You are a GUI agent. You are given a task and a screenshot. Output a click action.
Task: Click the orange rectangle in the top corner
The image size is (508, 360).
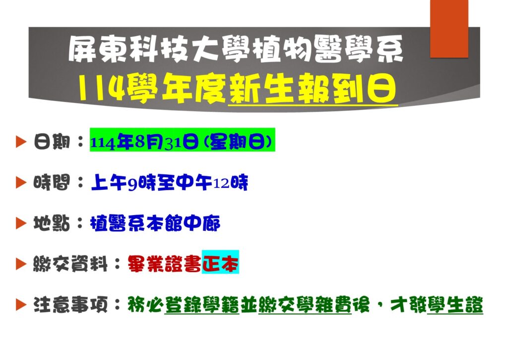pyautogui.click(x=449, y=28)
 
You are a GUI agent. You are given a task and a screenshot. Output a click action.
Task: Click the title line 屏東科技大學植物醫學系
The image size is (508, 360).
pyautogui.click(x=236, y=49)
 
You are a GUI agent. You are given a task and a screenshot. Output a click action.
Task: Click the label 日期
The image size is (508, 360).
pyautogui.click(x=52, y=142)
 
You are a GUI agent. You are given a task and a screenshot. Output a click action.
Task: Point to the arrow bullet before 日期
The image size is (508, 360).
pyautogui.click(x=21, y=142)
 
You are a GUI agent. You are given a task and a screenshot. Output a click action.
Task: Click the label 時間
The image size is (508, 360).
pyautogui.click(x=52, y=183)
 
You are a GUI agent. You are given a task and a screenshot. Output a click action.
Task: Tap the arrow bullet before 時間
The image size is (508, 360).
pyautogui.click(x=21, y=183)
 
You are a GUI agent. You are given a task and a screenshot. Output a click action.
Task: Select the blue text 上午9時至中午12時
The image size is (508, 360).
pyautogui.click(x=170, y=183)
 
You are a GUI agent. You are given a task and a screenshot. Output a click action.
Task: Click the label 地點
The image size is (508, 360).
pyautogui.click(x=52, y=223)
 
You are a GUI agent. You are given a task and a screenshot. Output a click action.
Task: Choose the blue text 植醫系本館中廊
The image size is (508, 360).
pyautogui.click(x=155, y=223)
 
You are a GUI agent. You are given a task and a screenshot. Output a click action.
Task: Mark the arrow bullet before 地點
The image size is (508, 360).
pyautogui.click(x=21, y=223)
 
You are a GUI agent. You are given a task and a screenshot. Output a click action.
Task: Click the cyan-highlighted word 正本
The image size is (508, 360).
pyautogui.click(x=220, y=262)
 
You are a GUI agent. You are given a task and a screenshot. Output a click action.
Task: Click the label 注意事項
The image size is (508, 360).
pyautogui.click(x=70, y=305)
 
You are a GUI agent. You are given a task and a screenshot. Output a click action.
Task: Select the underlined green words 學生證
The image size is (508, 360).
pyautogui.click(x=455, y=305)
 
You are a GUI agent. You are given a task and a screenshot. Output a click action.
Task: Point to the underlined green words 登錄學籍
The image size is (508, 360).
pyautogui.click(x=202, y=305)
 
